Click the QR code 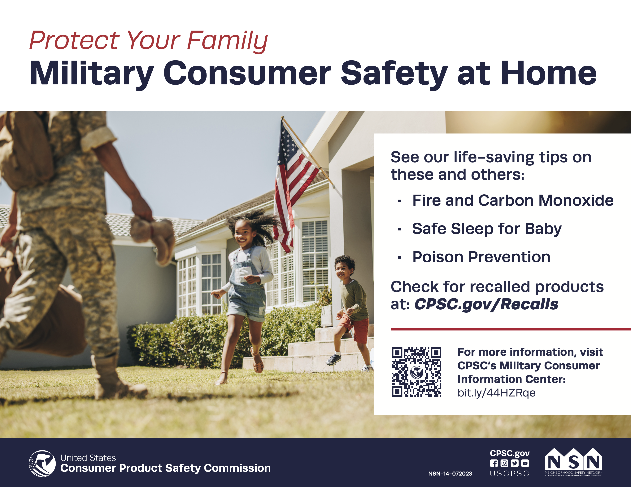click(x=416, y=372)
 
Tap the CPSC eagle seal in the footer click(x=42, y=463)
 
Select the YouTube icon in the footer click(x=525, y=463)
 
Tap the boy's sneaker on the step click(x=334, y=359)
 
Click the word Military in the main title click(x=92, y=74)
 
